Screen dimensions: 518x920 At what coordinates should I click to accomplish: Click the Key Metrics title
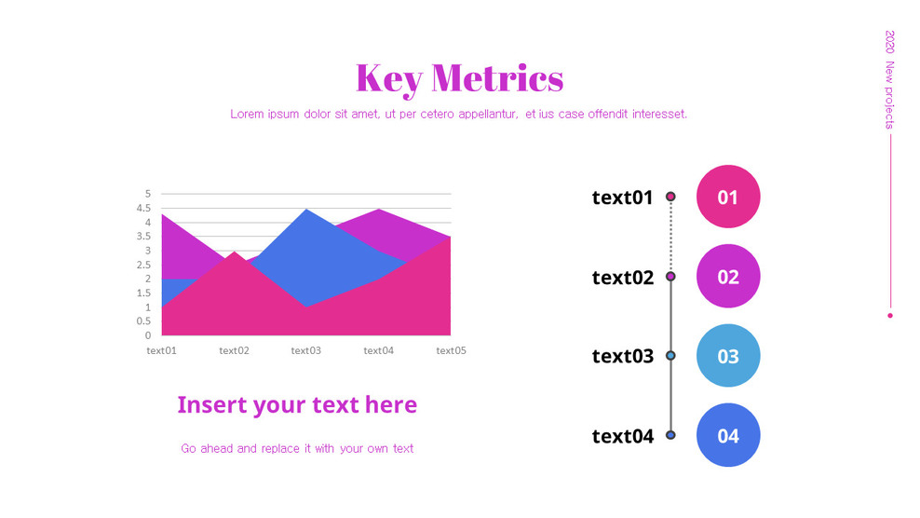tap(459, 77)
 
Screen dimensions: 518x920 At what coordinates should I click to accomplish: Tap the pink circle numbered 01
tap(728, 197)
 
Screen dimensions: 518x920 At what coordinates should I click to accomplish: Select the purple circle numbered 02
tap(728, 277)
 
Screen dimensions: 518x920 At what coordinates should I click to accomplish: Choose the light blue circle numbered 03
tap(728, 356)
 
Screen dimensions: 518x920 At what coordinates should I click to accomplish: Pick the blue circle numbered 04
tap(728, 435)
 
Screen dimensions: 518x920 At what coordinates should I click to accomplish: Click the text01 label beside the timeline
tap(622, 198)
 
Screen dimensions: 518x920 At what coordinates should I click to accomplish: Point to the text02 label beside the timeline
tap(622, 278)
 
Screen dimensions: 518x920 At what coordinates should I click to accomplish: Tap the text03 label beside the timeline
tap(622, 357)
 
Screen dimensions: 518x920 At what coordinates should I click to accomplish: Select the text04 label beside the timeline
tap(622, 436)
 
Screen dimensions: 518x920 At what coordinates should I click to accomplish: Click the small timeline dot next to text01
tap(670, 197)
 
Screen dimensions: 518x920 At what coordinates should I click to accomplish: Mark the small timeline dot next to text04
tap(670, 435)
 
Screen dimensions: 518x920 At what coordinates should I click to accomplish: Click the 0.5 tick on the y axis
tap(144, 321)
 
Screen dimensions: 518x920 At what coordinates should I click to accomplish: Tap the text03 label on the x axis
tap(305, 351)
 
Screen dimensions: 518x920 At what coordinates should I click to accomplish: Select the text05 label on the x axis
tap(451, 351)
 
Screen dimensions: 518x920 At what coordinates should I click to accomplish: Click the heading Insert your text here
tap(297, 405)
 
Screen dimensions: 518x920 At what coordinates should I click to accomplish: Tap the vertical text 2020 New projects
tap(890, 79)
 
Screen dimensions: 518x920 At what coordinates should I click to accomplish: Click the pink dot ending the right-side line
tap(890, 316)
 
